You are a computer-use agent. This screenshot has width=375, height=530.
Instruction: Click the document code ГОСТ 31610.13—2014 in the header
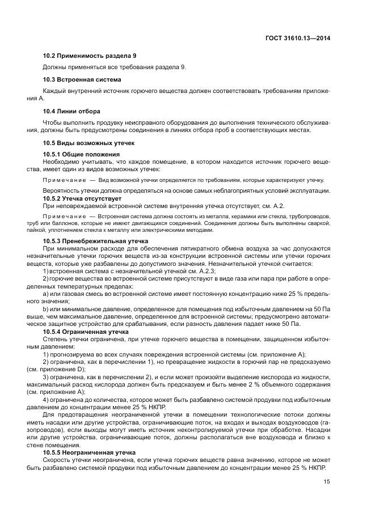click(x=298, y=39)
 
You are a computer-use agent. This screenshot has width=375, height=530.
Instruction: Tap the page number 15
click(x=327, y=481)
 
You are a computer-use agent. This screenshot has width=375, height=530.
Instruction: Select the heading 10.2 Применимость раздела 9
click(x=90, y=56)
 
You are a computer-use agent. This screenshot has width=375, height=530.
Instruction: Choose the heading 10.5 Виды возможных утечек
click(x=89, y=143)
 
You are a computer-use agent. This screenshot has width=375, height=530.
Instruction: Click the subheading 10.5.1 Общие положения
click(x=81, y=155)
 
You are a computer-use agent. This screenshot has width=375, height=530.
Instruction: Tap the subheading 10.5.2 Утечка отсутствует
click(x=82, y=198)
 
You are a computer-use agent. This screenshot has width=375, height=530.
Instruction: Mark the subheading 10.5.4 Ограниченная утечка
click(x=86, y=331)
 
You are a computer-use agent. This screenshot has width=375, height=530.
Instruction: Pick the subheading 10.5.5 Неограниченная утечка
click(x=89, y=452)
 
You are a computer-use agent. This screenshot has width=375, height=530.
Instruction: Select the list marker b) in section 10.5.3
click(x=46, y=309)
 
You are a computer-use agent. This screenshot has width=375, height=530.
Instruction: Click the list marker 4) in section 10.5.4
click(x=47, y=399)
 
